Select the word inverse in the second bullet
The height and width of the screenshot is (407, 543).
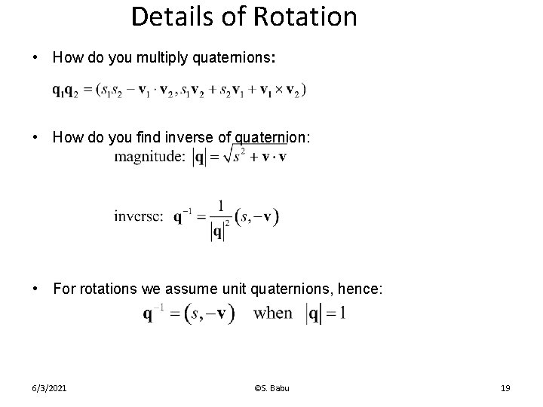coord(190,137)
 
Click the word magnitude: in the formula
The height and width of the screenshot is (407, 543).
coord(149,157)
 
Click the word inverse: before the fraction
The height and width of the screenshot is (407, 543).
coord(138,216)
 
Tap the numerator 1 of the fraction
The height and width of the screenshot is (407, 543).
coord(220,205)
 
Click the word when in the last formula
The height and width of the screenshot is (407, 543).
coord(273,312)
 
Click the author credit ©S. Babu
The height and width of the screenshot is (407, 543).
coord(271,388)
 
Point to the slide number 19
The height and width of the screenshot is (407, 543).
coord(505,388)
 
